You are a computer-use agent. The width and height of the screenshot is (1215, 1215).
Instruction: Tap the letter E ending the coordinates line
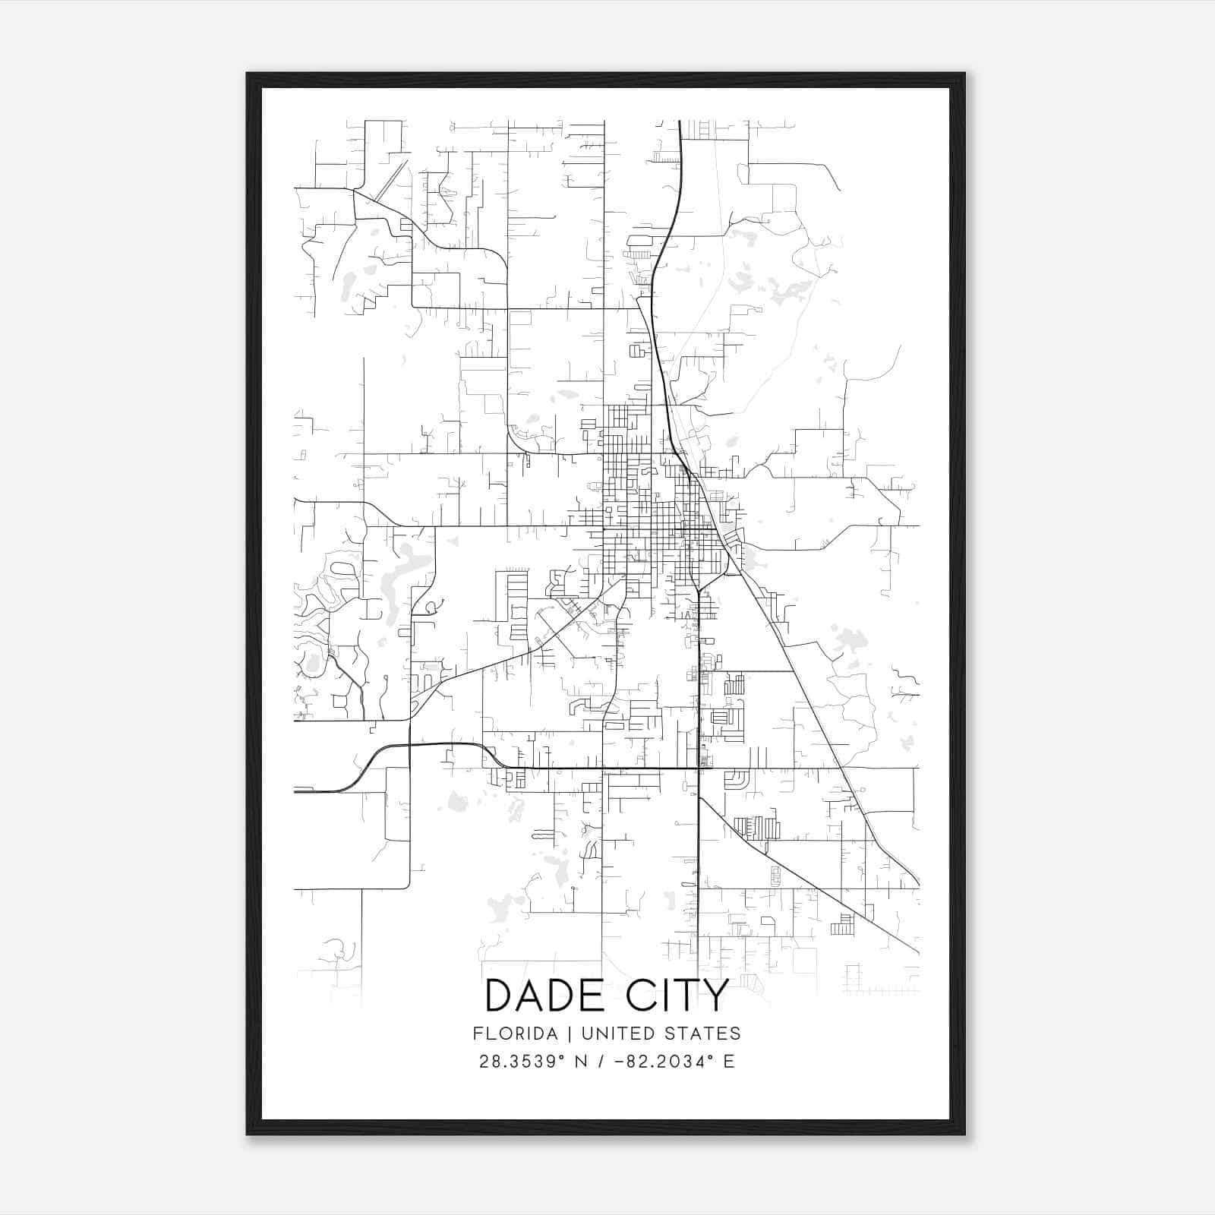(729, 1062)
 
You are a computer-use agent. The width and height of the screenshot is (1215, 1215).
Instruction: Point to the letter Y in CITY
(715, 996)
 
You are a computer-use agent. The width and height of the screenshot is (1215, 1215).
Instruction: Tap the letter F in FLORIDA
(478, 1034)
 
